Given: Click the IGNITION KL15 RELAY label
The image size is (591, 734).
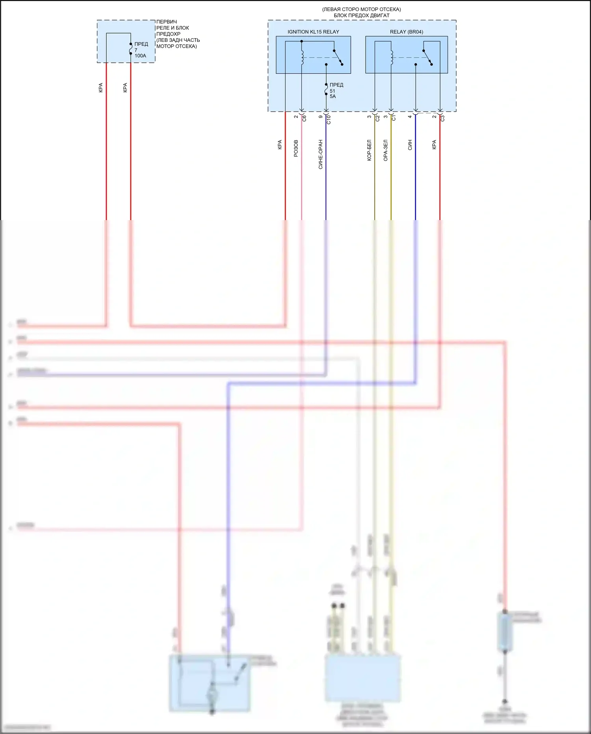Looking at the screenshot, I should coord(313,32).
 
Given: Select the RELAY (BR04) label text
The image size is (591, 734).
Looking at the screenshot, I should coord(406,32).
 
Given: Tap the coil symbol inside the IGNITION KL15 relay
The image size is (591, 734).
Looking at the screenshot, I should coord(302,58).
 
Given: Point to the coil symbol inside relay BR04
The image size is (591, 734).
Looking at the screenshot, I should coord(392,58).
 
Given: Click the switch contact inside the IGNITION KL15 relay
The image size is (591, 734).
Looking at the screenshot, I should coord(338,58).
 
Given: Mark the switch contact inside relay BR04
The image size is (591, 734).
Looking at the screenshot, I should coord(427,58).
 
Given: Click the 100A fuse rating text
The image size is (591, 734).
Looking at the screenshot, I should coord(140,56).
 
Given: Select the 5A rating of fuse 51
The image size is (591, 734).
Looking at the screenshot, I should coord(333,97).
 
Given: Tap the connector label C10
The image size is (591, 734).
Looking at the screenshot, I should coord(329,120).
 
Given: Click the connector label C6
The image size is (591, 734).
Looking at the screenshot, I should coord(304,118).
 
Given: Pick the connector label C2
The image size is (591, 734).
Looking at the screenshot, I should coord(377,118).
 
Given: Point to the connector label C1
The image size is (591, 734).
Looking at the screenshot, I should coord(394,118).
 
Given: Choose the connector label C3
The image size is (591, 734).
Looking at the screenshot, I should coord(442,118).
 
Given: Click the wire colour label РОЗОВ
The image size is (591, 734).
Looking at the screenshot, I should coord(296,148).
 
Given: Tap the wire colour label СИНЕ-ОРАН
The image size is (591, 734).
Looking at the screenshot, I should coord(321,154).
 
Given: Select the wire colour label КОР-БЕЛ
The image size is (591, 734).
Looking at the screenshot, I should coord(370,150).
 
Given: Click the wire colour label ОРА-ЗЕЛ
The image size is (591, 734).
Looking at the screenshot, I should coord(386,150).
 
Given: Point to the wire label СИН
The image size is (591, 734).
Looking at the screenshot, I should coord(410,145).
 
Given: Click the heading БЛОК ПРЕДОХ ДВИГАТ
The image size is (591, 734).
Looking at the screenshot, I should coord(362,15).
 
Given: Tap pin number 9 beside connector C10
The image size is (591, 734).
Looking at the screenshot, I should coord(321,117).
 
